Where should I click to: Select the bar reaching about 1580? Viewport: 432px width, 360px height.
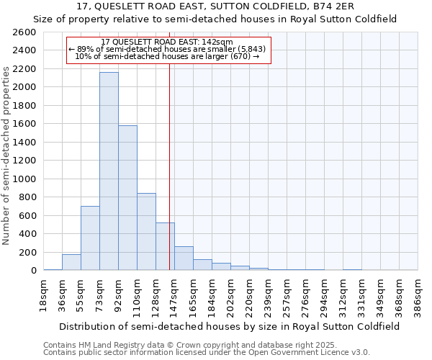tap(127, 198)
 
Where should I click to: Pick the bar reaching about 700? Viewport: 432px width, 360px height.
tap(90, 238)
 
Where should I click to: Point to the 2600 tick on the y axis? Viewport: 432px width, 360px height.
tap(26, 32)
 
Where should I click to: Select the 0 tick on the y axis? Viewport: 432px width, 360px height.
tap(33, 270)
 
